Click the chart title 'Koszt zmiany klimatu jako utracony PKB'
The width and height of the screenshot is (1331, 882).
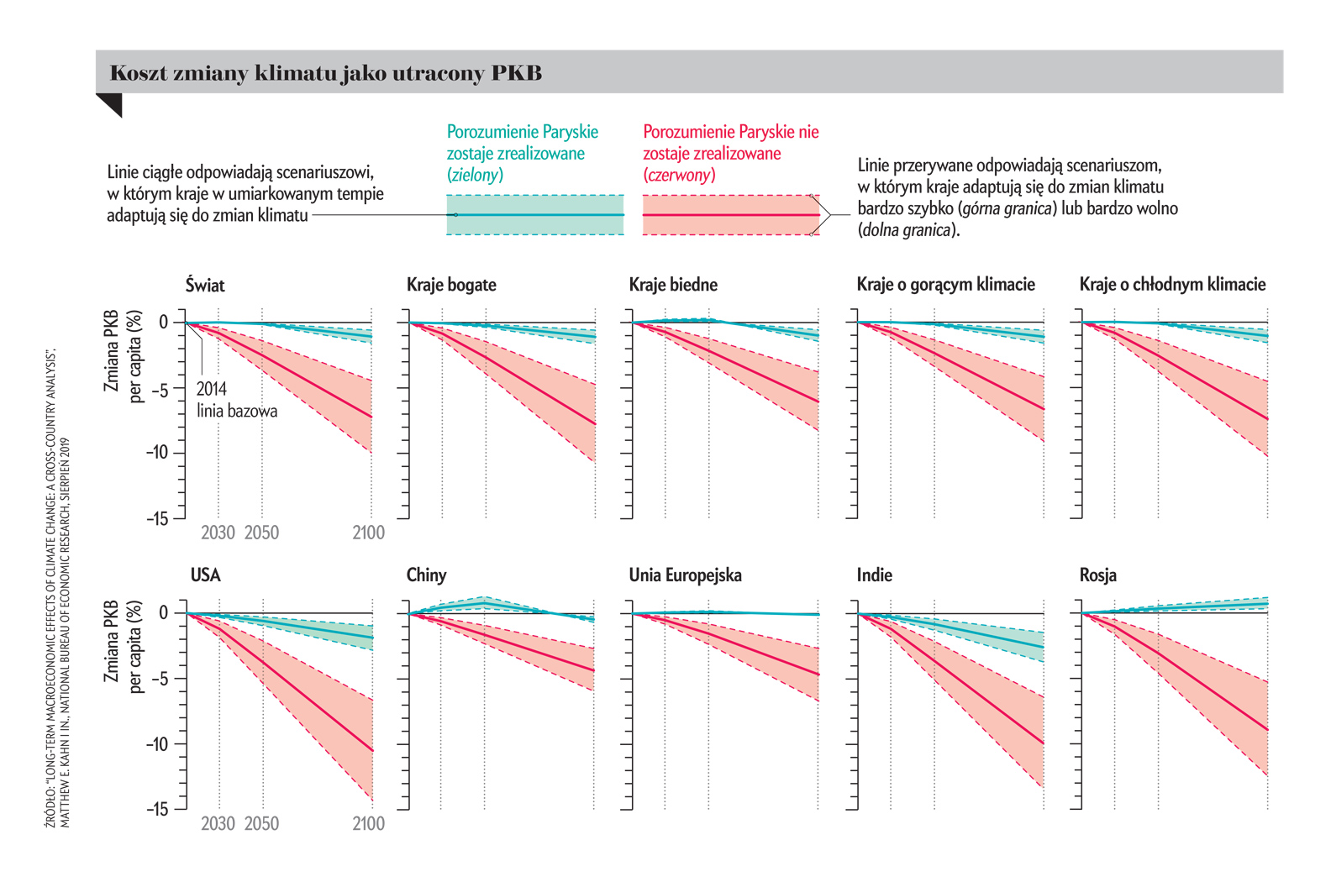pyautogui.click(x=326, y=73)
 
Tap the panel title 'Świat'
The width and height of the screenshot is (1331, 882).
pyautogui.click(x=205, y=285)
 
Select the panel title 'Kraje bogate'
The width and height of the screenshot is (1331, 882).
pyautogui.click(x=451, y=285)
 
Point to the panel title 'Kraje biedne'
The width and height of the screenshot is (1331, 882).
pyautogui.click(x=673, y=285)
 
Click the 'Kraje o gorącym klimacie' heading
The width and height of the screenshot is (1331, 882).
pyautogui.click(x=945, y=285)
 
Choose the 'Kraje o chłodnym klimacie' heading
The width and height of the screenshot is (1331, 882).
pyautogui.click(x=1172, y=285)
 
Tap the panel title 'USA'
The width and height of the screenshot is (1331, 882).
pyautogui.click(x=205, y=575)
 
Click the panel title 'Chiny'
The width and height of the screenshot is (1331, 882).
pyautogui.click(x=426, y=575)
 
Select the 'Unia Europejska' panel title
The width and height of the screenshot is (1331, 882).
pyautogui.click(x=685, y=575)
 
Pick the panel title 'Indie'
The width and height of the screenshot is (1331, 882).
pyautogui.click(x=874, y=575)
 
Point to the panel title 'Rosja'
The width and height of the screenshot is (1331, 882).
pyautogui.click(x=1097, y=575)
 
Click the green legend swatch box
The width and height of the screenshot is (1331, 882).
pyautogui.click(x=535, y=215)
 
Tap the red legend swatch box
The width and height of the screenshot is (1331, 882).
pyautogui.click(x=731, y=215)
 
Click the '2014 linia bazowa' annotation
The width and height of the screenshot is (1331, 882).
pyautogui.click(x=236, y=400)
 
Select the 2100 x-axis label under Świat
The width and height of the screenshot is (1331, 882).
pyautogui.click(x=368, y=533)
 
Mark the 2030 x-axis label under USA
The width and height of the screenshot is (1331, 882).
pyautogui.click(x=218, y=823)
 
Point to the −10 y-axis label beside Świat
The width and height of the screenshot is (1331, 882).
pyautogui.click(x=156, y=453)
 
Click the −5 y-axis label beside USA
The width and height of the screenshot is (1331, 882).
pyautogui.click(x=159, y=679)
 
